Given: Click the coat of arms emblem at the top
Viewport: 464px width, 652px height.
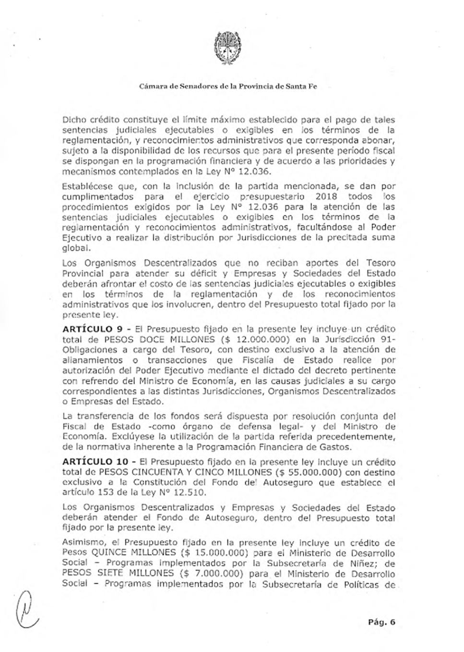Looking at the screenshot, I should (x=228, y=48).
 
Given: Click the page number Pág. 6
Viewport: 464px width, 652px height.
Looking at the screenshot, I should (x=382, y=622).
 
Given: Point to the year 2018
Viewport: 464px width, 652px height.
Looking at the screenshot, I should (x=325, y=197).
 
